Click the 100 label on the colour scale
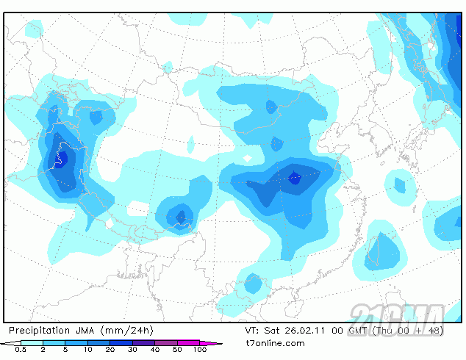coord(200,350)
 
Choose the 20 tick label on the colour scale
coord(110,350)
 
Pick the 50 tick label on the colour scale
coord(177,350)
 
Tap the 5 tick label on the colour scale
coord(66,350)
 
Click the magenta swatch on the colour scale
coord(199,343)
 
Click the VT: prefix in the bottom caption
coord(253,331)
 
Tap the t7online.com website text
coord(275,343)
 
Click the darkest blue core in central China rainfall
coord(295,177)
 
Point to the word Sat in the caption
coord(273,331)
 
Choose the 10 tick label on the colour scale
coord(88,350)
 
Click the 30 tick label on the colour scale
coord(133,350)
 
